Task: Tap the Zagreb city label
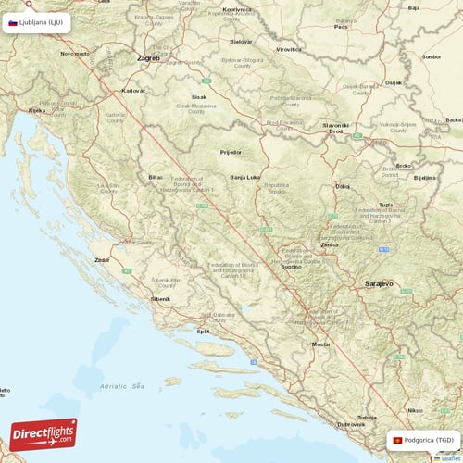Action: coord(148,57)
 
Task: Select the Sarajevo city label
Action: coord(381,282)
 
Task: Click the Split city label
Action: coord(203,331)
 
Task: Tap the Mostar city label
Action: coord(321,344)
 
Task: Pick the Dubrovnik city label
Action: coord(350,425)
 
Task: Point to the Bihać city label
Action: coord(154,176)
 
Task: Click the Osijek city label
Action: coord(394,82)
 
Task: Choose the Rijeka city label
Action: coord(37,110)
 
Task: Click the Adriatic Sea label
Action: coord(124,385)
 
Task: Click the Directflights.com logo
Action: coord(43,433)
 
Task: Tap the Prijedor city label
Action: coord(231,151)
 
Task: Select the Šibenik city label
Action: coord(161,300)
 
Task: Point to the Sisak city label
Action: coord(198,95)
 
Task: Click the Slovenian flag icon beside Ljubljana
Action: coord(13,22)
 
